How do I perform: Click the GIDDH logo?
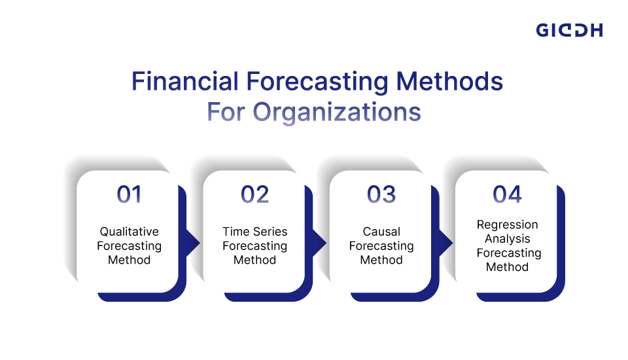point(569,30)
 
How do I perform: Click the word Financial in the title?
point(184,81)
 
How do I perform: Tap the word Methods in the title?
point(449,81)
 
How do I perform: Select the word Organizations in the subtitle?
point(337,112)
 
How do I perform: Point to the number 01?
point(129,194)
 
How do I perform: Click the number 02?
point(254,194)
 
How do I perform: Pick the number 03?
point(381,194)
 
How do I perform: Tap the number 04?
point(507,194)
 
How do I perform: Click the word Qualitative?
point(129,232)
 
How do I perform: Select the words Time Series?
point(254,232)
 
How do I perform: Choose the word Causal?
point(381,232)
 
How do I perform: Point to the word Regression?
point(507,225)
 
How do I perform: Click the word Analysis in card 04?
point(507,239)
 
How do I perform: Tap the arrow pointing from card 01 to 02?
point(192,243)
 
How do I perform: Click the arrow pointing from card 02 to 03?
point(319,243)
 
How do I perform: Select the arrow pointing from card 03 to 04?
point(445,243)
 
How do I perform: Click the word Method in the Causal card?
point(381,260)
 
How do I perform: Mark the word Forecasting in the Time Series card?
point(254,246)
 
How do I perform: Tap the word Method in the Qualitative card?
point(129,260)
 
